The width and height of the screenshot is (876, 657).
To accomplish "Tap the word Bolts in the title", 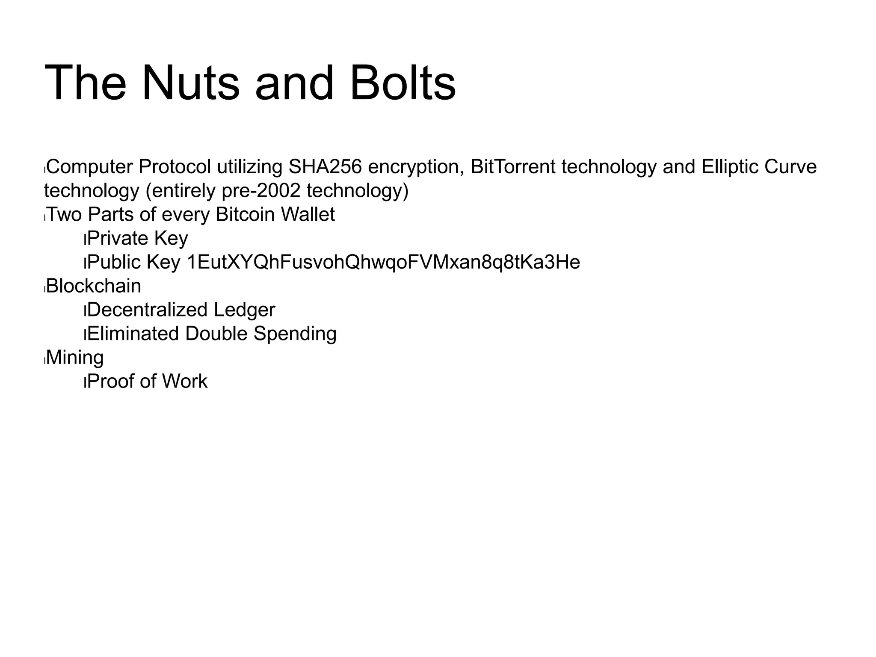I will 402,83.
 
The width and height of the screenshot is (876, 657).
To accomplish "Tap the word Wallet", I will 308,214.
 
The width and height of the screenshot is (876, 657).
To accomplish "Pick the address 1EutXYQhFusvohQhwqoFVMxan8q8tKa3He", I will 383,262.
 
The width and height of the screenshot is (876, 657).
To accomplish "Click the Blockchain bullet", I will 94,286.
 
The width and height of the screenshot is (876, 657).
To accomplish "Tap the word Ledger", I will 244,310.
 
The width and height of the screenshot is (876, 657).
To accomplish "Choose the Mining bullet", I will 75,358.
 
